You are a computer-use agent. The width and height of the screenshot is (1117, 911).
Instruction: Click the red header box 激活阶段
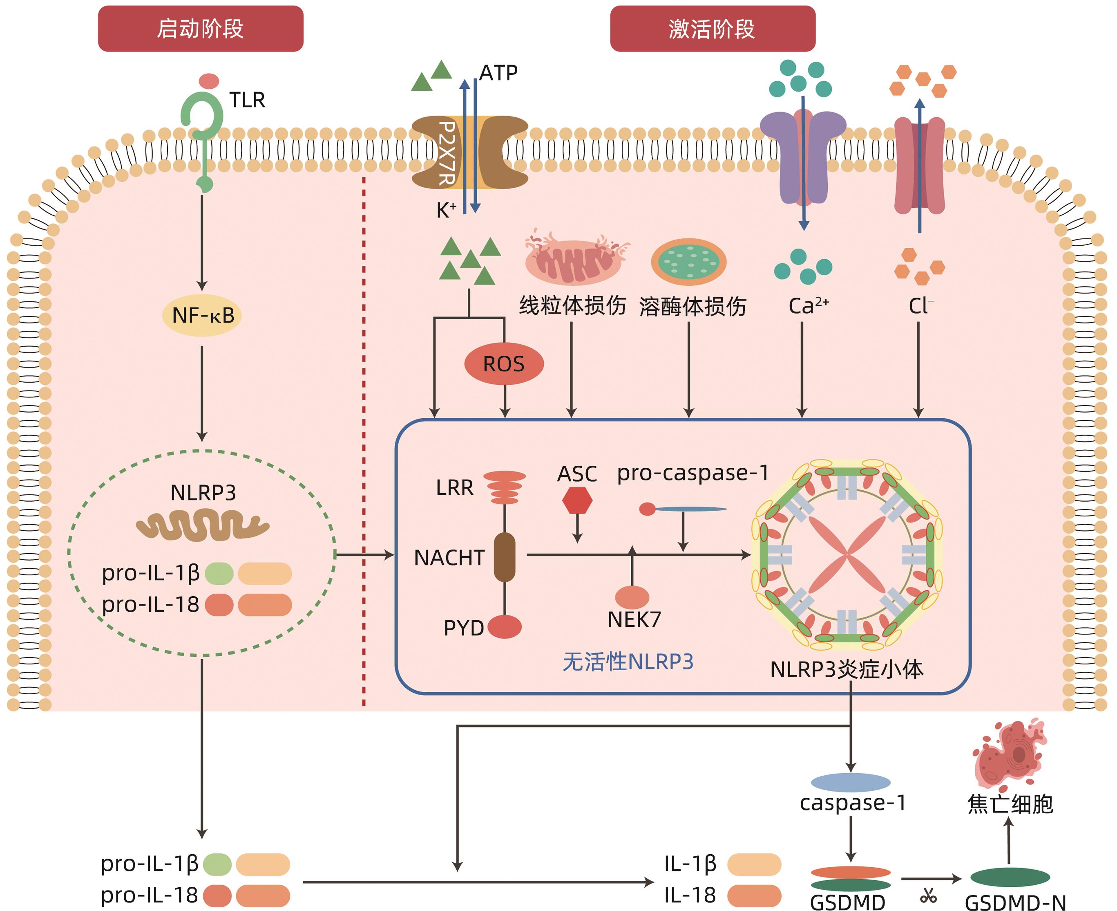pos(712,29)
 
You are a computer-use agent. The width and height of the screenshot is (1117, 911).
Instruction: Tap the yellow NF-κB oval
pos(202,315)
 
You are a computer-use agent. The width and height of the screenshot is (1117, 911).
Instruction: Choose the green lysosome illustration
pos(688,261)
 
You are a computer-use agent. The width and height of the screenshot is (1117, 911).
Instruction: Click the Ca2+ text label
pos(808,306)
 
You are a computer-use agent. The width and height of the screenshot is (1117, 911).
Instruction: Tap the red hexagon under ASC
pos(577,500)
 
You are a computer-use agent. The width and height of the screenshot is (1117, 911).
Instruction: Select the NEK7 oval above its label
pos(632,597)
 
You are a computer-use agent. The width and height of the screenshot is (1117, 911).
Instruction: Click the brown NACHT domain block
pos(505,557)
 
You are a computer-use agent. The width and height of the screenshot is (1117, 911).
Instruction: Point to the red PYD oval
pos(505,626)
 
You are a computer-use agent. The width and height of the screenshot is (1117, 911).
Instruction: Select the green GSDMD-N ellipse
pos(1010,877)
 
